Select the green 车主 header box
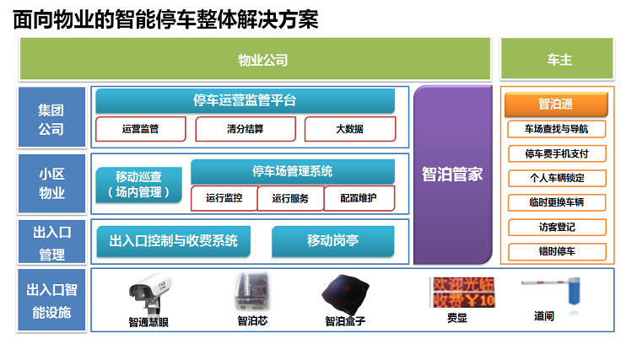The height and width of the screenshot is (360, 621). point(557,60)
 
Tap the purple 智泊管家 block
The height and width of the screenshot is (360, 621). point(452,175)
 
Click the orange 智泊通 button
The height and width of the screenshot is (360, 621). point(556,105)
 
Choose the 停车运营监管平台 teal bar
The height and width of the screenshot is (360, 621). point(245,101)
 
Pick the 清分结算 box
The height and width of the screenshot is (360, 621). point(245,129)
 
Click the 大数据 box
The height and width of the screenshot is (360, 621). point(349,129)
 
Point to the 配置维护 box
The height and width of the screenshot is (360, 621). point(359,198)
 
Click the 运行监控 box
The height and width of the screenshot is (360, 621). point(224,198)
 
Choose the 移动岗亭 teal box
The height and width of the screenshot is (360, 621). point(332,241)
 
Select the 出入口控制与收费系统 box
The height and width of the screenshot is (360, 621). point(173,241)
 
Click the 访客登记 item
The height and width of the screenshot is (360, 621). point(556,227)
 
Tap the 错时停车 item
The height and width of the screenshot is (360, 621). point(556,251)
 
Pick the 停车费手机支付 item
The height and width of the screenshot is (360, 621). point(556,153)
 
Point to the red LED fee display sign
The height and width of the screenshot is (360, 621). point(462,292)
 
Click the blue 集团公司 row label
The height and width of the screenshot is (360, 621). point(51,120)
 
